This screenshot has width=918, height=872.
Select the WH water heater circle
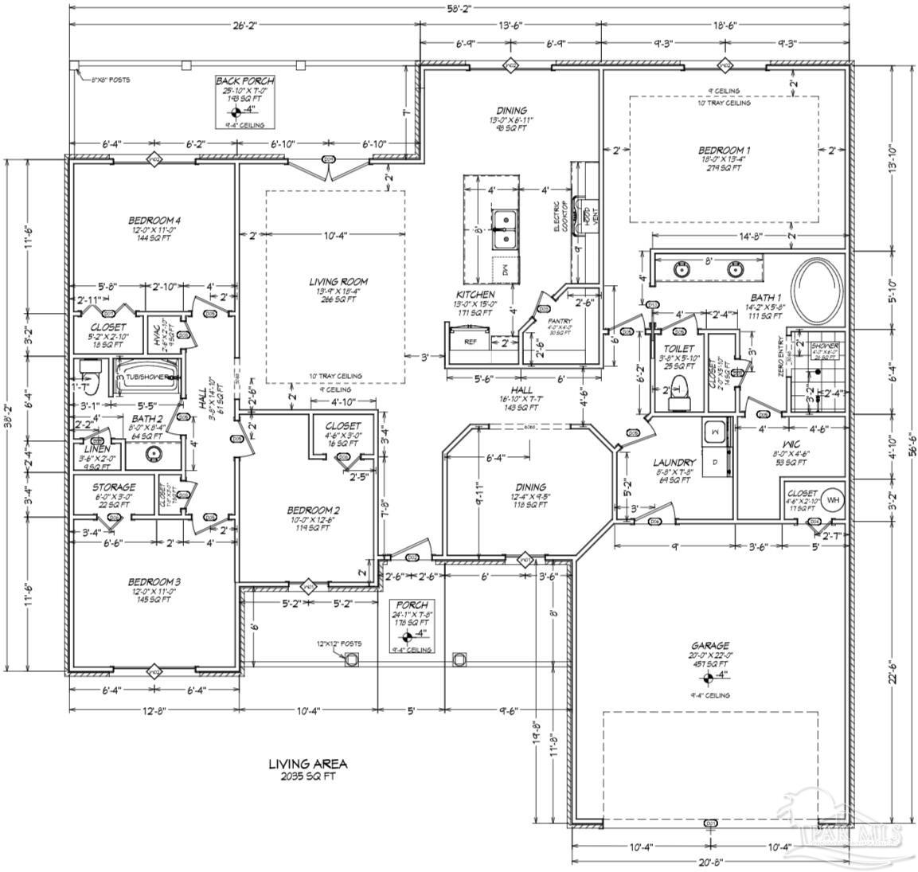[x=833, y=500]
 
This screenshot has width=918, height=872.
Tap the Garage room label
[x=710, y=646]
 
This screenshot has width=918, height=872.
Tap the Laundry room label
[x=675, y=462]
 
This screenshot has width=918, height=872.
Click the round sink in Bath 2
[x=153, y=455]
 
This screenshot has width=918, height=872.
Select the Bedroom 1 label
[x=724, y=150]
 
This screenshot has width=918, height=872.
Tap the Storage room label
[x=113, y=487]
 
